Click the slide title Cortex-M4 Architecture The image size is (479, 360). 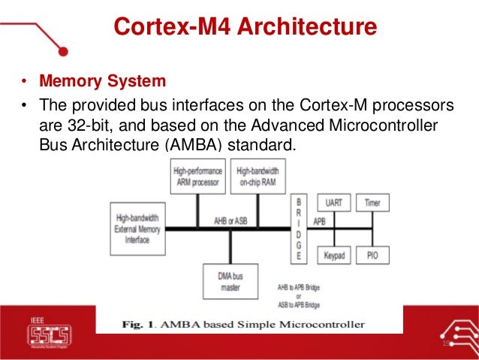[x=244, y=27]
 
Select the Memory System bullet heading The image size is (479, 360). [x=102, y=80]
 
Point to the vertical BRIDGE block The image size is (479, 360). [x=299, y=229]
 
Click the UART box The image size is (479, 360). [x=334, y=204]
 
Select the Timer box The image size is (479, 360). [x=372, y=204]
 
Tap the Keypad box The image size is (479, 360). [x=334, y=256]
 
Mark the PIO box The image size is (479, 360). [x=372, y=256]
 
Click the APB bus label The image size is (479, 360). [x=319, y=222]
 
